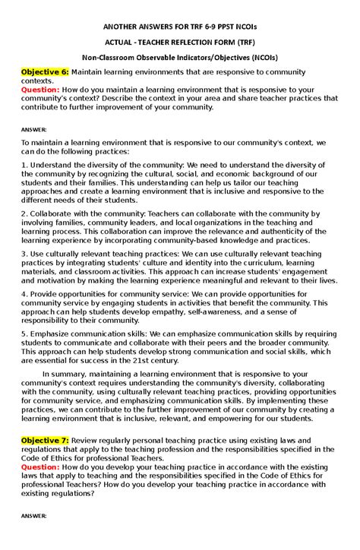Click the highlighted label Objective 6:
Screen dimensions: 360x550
[x=45, y=71]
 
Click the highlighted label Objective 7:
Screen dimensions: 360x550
[x=45, y=441]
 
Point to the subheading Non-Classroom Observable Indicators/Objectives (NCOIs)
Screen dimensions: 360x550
[x=180, y=58]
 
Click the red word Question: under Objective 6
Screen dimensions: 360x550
[x=39, y=89]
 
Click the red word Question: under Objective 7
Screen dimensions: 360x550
[x=39, y=467]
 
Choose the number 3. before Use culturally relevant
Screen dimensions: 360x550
[x=24, y=254]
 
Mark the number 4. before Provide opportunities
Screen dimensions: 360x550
[x=24, y=293]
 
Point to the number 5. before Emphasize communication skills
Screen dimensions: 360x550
[x=24, y=333]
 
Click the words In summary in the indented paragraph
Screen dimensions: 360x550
[x=65, y=374]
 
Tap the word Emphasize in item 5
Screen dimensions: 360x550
[x=52, y=333]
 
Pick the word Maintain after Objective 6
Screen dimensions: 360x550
[x=94, y=71]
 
